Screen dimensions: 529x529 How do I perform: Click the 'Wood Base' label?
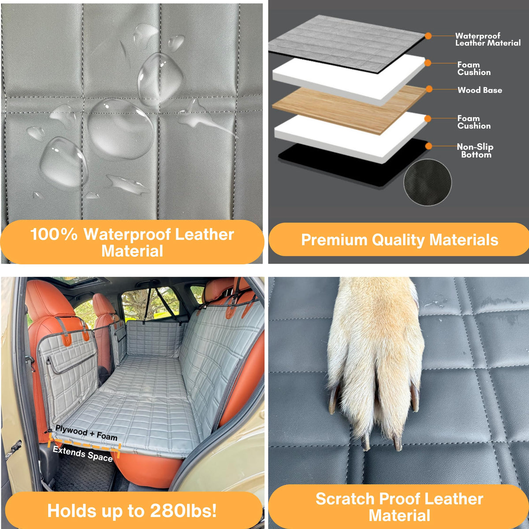pos(480,90)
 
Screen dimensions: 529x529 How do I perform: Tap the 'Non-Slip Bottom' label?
pos(475,151)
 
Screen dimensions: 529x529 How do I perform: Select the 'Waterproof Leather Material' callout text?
pos(488,39)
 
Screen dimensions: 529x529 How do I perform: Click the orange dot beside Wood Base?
pos(429,89)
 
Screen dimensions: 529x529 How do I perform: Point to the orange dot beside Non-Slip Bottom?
pos(428,146)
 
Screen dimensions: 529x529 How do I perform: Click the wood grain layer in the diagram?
pos(349,110)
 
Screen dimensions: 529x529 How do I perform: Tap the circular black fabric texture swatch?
pos(428,183)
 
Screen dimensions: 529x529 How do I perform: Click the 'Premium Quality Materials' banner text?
pos(399,240)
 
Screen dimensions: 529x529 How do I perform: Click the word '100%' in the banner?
pos(54,234)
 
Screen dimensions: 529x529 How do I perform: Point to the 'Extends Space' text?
pos(82,454)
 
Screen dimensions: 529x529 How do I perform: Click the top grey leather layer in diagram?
pos(346,44)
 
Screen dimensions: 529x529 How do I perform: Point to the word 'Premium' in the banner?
pos(334,240)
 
